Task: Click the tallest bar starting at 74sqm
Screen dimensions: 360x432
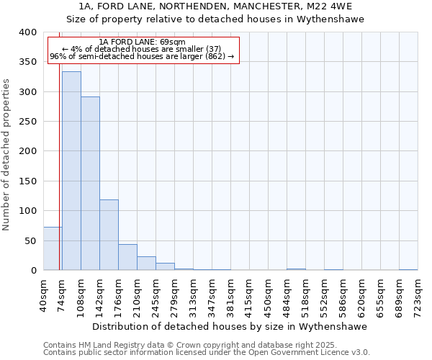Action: tap(71, 171)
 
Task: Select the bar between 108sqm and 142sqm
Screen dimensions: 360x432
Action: tap(90, 184)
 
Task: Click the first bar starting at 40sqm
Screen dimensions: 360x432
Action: tap(53, 248)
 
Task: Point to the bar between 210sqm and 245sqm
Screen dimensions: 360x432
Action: tap(146, 264)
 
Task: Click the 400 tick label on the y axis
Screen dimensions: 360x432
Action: tap(27, 32)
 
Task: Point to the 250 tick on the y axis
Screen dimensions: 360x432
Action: tap(27, 122)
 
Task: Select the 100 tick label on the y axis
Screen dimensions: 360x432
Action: tap(27, 211)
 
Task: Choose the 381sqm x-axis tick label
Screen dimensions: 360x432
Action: tap(231, 295)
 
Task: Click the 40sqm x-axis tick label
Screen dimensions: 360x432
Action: tap(44, 295)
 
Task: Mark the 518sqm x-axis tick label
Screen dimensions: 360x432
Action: tap(306, 295)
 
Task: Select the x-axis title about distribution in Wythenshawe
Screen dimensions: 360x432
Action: tap(230, 326)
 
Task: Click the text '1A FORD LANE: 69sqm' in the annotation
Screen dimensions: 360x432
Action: tap(143, 42)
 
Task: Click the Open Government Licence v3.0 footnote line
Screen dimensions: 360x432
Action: tap(207, 353)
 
